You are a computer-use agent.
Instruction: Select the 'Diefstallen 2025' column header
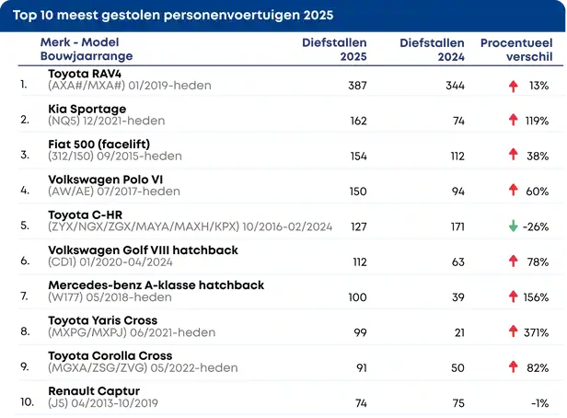[x=334, y=50]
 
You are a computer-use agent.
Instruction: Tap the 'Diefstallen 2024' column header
[x=432, y=50]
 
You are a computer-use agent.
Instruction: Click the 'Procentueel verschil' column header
[x=515, y=50]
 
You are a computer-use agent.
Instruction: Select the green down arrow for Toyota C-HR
[x=513, y=226]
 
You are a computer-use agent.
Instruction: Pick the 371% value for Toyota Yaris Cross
[x=536, y=332]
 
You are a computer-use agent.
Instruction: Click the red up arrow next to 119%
[x=513, y=121]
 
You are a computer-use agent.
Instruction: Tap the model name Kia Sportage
[x=87, y=109]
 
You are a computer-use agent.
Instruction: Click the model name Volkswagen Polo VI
[x=105, y=180]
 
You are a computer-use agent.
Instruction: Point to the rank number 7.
[x=24, y=297]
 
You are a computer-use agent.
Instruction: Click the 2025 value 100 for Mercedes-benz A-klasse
[x=357, y=297]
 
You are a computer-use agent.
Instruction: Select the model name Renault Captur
[x=94, y=391]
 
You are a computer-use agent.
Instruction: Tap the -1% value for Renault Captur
[x=538, y=403]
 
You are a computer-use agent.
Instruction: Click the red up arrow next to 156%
[x=513, y=297]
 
